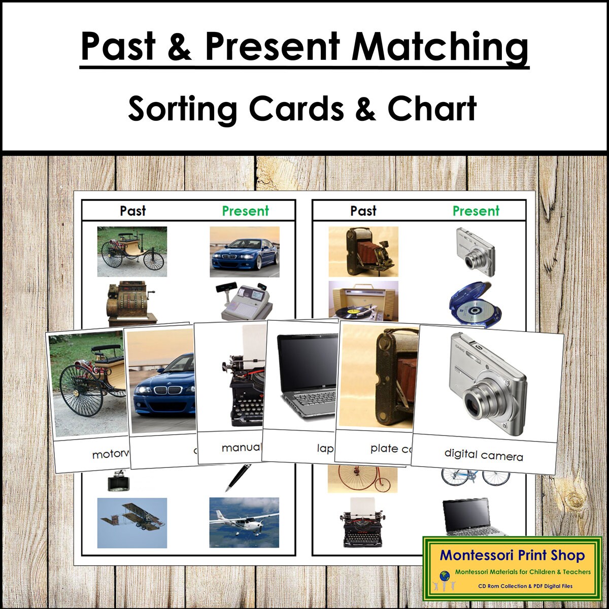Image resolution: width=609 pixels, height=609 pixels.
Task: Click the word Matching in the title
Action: [440, 47]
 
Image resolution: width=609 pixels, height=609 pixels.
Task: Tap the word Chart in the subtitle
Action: [432, 108]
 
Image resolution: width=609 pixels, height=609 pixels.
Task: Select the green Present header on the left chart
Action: [245, 211]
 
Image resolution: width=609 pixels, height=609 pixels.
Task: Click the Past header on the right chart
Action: [363, 211]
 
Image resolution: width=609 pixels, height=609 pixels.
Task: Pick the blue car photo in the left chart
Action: [244, 252]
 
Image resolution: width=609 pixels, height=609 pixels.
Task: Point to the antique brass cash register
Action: [130, 302]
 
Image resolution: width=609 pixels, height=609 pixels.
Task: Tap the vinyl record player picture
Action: [363, 301]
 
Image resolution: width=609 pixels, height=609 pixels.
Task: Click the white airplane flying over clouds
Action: [244, 522]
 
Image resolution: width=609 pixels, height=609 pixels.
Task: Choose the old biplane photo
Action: [132, 522]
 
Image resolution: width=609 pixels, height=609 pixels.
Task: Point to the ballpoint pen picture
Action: [238, 477]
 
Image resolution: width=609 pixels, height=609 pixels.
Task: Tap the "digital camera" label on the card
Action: [483, 454]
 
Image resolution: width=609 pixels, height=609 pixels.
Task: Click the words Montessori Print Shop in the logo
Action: [512, 555]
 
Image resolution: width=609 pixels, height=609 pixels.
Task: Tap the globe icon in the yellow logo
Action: [445, 576]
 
